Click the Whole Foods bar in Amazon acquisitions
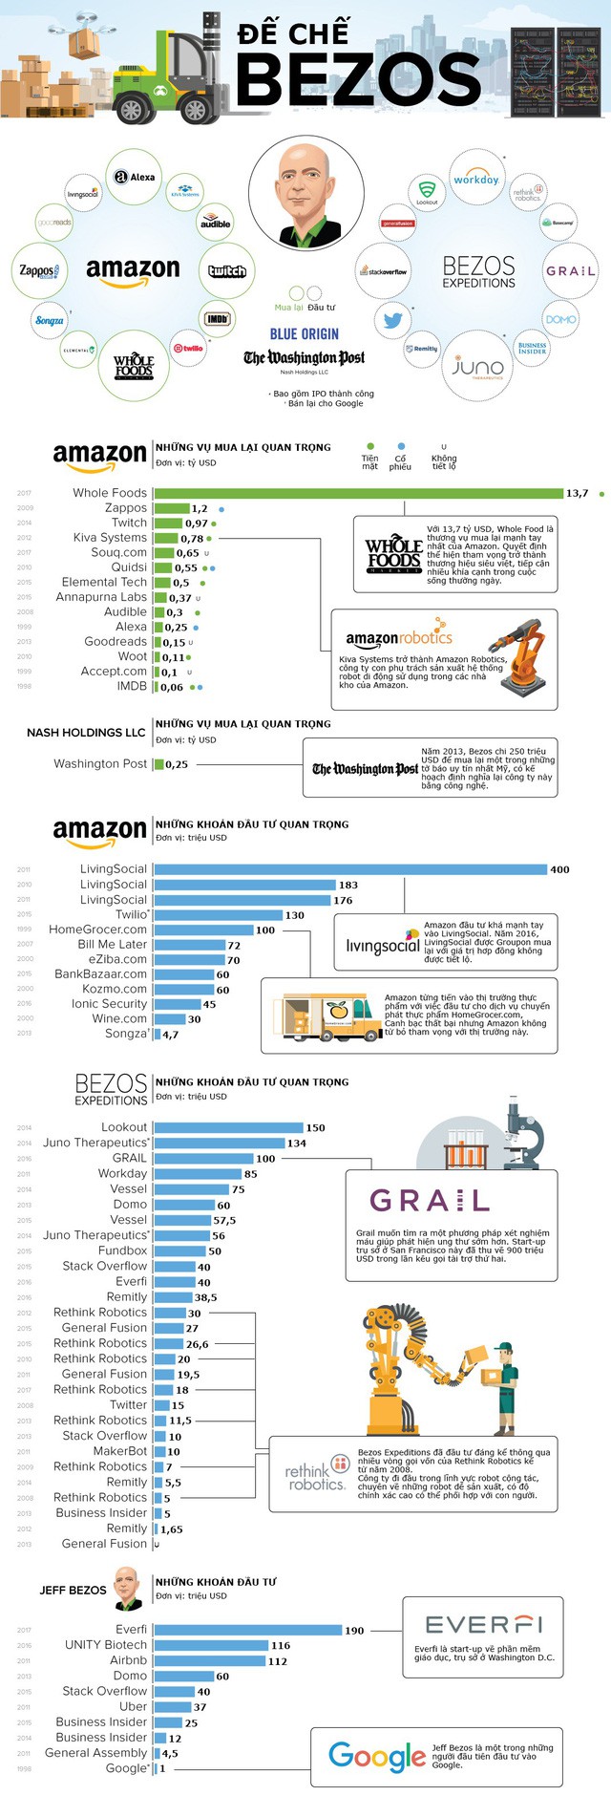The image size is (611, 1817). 358,493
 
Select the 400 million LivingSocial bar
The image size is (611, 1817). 350,869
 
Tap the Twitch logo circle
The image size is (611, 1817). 227,271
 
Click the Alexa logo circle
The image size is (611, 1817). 135,177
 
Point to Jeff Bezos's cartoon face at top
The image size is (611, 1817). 305,191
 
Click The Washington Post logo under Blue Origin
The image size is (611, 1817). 304,358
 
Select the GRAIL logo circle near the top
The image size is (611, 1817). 570,271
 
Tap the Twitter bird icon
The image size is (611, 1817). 391,320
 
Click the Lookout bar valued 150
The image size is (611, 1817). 228,1127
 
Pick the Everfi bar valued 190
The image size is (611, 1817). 248,1630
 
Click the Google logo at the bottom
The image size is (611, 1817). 376,1755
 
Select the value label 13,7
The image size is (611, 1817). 577,494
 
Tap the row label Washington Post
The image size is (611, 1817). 100,763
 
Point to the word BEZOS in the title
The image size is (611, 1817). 358,78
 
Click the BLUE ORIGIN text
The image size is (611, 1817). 304,334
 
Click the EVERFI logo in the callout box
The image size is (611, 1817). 484,1625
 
